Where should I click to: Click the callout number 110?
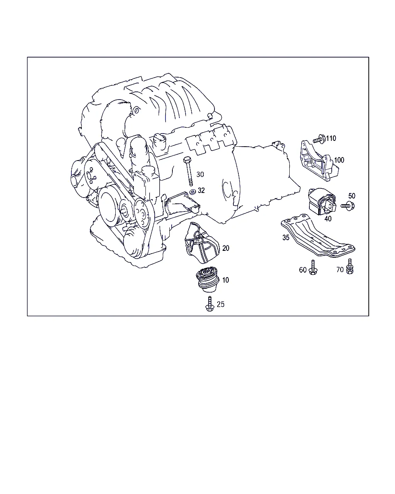click(x=331, y=139)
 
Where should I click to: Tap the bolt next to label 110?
click(x=319, y=139)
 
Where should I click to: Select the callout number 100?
click(x=339, y=160)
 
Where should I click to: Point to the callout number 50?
click(x=352, y=196)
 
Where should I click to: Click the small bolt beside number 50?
click(x=348, y=206)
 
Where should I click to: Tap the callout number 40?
click(x=328, y=219)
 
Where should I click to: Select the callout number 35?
click(x=286, y=238)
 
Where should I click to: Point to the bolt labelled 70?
click(x=349, y=266)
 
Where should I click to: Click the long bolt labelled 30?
click(x=188, y=171)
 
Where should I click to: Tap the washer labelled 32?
click(x=192, y=191)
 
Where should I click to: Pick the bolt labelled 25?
click(x=209, y=304)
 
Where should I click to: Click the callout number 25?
click(x=221, y=305)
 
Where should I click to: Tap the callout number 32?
click(x=201, y=191)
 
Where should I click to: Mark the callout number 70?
click(x=340, y=270)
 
